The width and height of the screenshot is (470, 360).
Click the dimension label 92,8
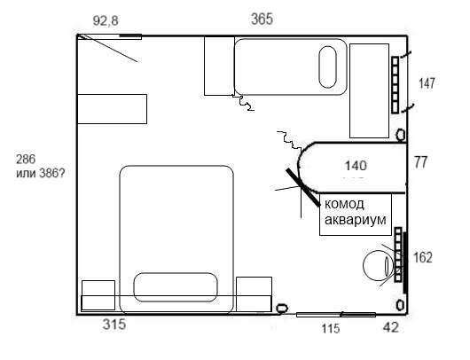(x=106, y=20)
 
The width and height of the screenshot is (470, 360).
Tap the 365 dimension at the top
(x=262, y=19)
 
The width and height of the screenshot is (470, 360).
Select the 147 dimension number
(x=427, y=83)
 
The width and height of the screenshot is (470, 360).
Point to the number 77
(x=420, y=162)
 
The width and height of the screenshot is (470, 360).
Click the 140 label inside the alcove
(x=356, y=166)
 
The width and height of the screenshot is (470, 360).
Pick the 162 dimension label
(x=423, y=257)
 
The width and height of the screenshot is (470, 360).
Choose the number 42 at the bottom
(x=391, y=327)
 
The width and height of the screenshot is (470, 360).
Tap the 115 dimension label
(x=331, y=329)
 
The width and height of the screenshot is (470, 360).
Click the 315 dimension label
(x=114, y=324)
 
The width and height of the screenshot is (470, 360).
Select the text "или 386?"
(x=40, y=173)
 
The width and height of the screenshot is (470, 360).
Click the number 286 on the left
(x=26, y=160)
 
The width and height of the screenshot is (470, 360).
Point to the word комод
(x=344, y=204)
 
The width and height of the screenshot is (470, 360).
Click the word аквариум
(x=356, y=219)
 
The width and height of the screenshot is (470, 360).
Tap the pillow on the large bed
(x=176, y=287)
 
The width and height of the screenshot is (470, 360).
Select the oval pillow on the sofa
(x=327, y=67)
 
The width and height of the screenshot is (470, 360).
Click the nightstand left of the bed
(x=98, y=295)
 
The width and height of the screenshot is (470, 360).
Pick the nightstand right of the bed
(x=254, y=294)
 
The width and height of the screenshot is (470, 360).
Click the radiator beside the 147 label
(x=395, y=85)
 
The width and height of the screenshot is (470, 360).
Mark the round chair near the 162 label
(x=378, y=265)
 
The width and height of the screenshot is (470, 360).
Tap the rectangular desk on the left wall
(x=112, y=109)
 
